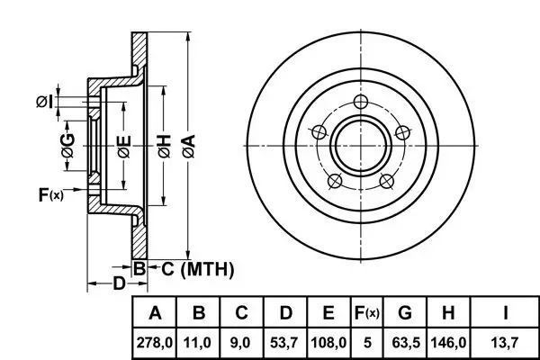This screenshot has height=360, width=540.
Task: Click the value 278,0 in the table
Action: [155, 343]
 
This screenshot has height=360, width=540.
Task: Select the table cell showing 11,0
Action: [200, 343]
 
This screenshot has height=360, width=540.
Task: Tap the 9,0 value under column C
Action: [241, 343]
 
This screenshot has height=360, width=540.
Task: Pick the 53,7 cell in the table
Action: [284, 343]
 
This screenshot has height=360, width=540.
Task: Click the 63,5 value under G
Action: [405, 343]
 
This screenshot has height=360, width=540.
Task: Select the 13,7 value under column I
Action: [506, 343]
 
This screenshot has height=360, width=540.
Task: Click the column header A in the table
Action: [155, 313]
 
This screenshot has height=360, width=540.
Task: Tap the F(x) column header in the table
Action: [366, 313]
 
